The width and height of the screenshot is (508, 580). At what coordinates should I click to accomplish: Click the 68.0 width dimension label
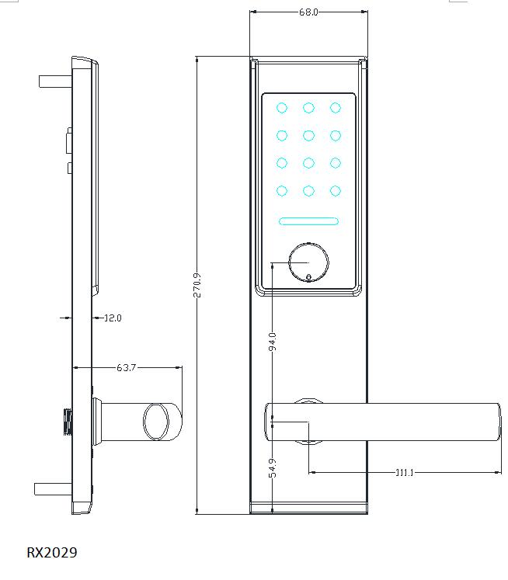tap(308, 12)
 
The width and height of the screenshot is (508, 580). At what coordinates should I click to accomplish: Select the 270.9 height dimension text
tap(197, 285)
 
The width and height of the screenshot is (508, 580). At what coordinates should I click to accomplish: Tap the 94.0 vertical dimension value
tap(272, 342)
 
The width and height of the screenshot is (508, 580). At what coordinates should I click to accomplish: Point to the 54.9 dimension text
tap(272, 468)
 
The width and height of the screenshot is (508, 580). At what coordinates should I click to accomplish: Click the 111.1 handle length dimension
tap(403, 472)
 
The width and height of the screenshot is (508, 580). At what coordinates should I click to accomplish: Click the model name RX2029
tap(52, 553)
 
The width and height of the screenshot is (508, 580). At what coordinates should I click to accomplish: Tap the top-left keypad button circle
tap(282, 108)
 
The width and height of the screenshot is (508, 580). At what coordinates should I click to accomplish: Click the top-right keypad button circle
tap(335, 108)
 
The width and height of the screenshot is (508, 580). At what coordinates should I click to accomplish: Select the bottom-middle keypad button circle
tap(308, 190)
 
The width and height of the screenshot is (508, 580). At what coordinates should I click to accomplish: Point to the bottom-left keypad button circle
tap(282, 190)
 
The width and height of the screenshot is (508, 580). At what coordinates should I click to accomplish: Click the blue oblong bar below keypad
tap(308, 221)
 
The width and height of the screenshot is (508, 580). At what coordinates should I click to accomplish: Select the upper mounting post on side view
tap(54, 81)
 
